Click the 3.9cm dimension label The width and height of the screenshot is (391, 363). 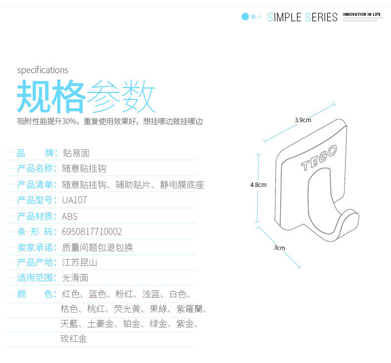coord(303,120)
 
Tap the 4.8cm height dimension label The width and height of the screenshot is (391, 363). coord(258,185)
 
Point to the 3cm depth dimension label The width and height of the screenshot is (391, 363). coord(280,248)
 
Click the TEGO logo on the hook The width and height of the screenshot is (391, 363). coord(319,158)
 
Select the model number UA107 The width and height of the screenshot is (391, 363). coord(74,200)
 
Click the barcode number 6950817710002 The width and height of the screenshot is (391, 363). coord(92,231)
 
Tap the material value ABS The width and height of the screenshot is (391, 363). coord(70,216)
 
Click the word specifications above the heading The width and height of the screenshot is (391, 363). coord(43,70)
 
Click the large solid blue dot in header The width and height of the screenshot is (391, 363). coord(244,17)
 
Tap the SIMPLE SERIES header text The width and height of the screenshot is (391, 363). coord(302,17)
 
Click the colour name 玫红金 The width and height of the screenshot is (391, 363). coord(74,339)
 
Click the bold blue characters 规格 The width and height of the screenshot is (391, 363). coord(50,97)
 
